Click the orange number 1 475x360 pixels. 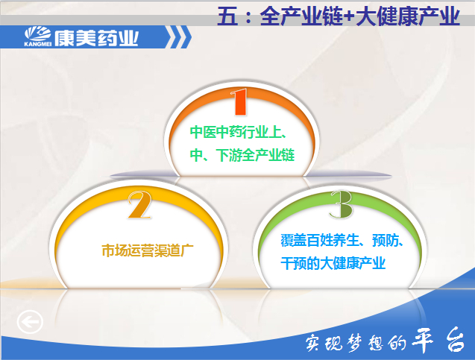pos(239,101)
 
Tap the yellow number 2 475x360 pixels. pos(139,205)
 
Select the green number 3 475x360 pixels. pos(342,204)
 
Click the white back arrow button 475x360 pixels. pos(30,321)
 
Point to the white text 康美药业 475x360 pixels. pos(97,39)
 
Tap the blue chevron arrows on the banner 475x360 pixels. pos(179,37)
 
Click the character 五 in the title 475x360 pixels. pos(227,16)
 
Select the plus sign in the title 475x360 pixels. pos(349,16)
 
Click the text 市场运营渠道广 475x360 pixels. pos(147,251)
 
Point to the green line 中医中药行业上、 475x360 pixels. pos(238,133)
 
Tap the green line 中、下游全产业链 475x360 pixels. pos(242,155)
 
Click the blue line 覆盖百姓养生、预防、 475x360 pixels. pos(342,241)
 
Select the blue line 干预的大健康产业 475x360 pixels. pos(333,263)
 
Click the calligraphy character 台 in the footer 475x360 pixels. pos(454,339)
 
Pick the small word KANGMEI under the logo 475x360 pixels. pos(37,44)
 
